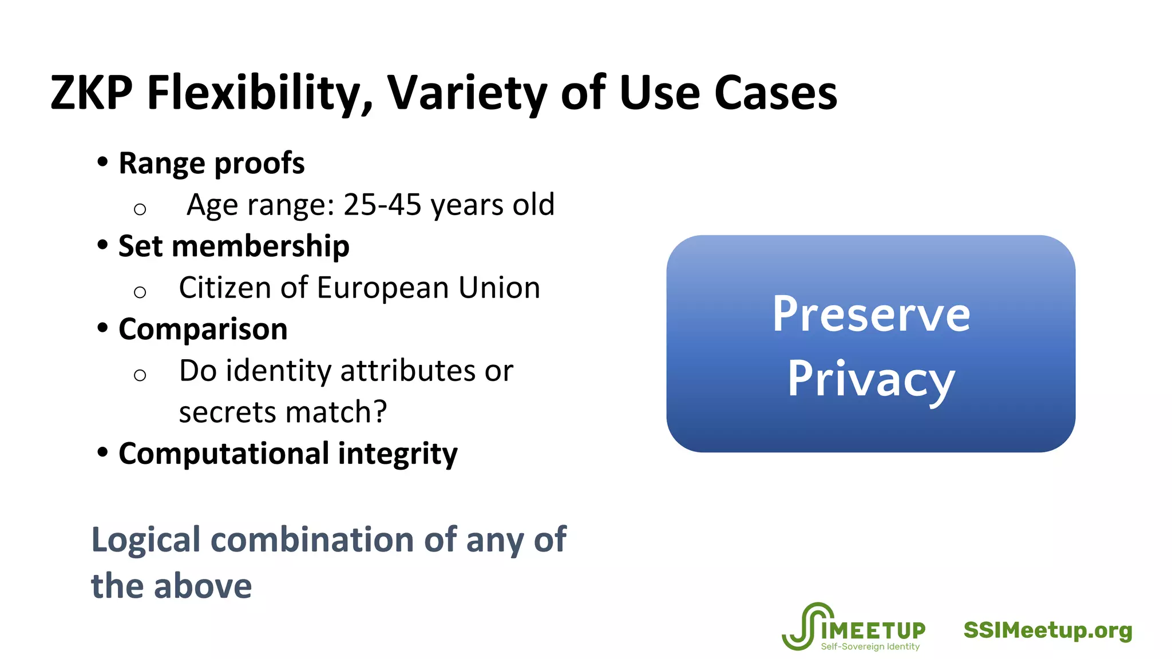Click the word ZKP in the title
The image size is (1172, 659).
tap(92, 93)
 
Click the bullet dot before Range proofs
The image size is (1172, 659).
tap(102, 162)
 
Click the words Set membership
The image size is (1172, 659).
tap(233, 246)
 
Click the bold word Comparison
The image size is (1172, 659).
tap(203, 329)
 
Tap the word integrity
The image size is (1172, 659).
tap(398, 454)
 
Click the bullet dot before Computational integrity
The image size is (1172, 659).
tap(102, 452)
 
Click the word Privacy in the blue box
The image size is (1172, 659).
tap(871, 379)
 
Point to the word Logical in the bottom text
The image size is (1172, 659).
tap(146, 539)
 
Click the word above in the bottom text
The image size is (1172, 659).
tap(203, 586)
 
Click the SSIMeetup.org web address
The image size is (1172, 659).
tap(1048, 630)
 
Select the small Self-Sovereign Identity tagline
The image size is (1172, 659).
tap(870, 646)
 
